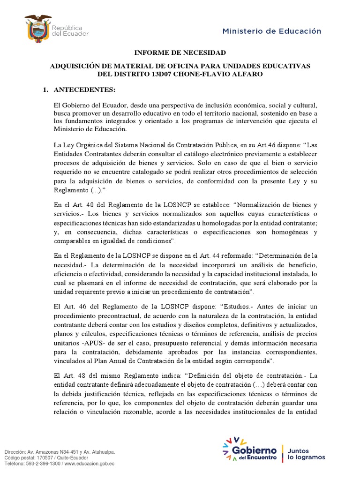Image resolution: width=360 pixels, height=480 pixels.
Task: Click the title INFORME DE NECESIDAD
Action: pyautogui.click(x=180, y=52)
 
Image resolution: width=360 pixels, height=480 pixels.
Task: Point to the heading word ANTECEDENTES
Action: pyautogui.click(x=84, y=90)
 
